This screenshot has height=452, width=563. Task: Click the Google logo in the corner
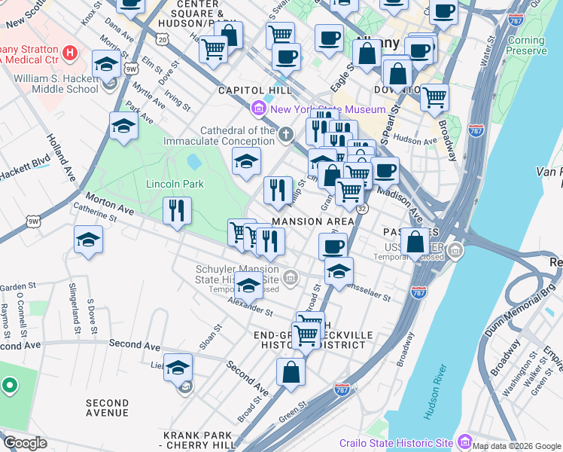[25, 443]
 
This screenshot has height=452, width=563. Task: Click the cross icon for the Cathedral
[285, 136]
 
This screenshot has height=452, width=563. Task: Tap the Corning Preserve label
[526, 46]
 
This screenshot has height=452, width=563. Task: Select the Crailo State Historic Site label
[394, 442]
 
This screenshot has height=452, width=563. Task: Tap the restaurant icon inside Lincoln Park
[177, 210]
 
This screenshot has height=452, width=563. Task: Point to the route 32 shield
[362, 209]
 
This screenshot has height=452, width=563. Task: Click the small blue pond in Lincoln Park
[193, 161]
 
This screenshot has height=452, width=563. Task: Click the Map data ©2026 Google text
[516, 445]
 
